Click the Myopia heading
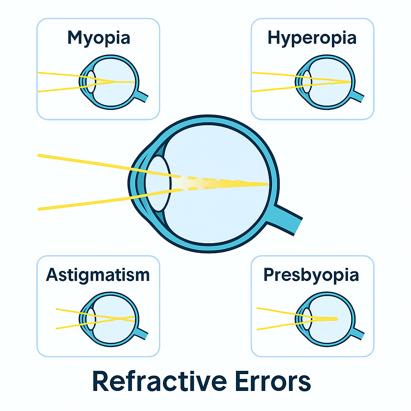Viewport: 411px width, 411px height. click(99, 38)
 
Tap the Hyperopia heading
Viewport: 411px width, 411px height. click(312, 38)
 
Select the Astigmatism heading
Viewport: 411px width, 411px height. click(98, 275)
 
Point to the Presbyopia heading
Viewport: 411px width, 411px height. click(311, 275)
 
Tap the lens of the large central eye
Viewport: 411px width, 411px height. click(157, 183)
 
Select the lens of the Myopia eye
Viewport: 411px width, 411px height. click(91, 81)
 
